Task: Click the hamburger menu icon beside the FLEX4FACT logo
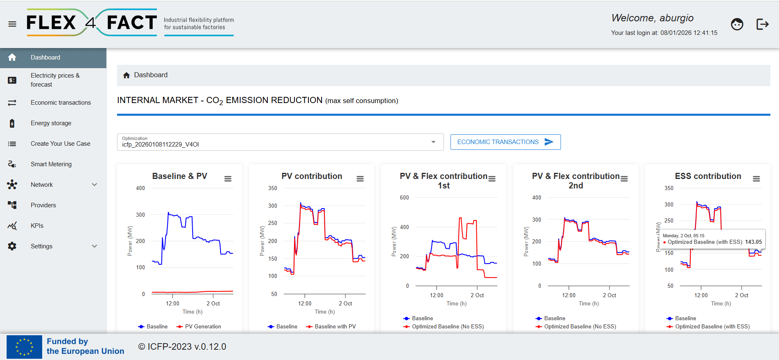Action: click(12, 24)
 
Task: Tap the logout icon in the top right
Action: click(762, 24)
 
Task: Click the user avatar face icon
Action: click(737, 24)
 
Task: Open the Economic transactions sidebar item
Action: click(61, 103)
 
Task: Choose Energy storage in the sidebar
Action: click(51, 123)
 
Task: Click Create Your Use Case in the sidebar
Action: click(60, 144)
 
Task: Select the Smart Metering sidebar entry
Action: click(51, 164)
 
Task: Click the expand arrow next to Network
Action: click(94, 185)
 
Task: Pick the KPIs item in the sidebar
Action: click(37, 226)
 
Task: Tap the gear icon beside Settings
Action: click(12, 246)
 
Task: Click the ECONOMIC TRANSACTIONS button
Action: click(506, 142)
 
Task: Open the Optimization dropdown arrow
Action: click(433, 142)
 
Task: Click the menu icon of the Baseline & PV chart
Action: click(228, 179)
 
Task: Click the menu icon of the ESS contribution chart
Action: click(756, 179)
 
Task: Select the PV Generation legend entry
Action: click(199, 327)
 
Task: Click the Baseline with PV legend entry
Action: click(331, 327)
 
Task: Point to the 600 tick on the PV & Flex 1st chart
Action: click(404, 198)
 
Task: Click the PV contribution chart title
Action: click(312, 176)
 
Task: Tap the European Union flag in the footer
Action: click(24, 347)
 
